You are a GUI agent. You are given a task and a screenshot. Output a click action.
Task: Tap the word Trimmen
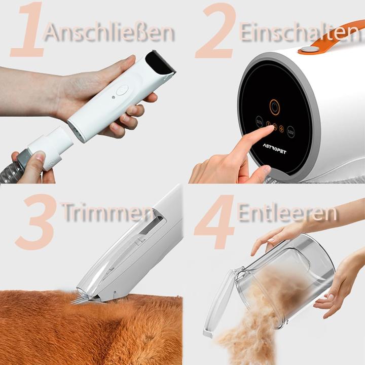[106, 212]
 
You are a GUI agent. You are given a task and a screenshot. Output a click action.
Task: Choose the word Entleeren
[287, 213]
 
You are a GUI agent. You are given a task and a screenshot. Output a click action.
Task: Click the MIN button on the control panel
[259, 122]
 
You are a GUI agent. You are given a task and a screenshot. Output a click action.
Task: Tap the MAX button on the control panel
[291, 131]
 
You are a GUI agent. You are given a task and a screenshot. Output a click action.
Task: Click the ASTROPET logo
[274, 149]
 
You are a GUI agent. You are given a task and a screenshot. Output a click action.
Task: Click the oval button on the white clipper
[122, 90]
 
